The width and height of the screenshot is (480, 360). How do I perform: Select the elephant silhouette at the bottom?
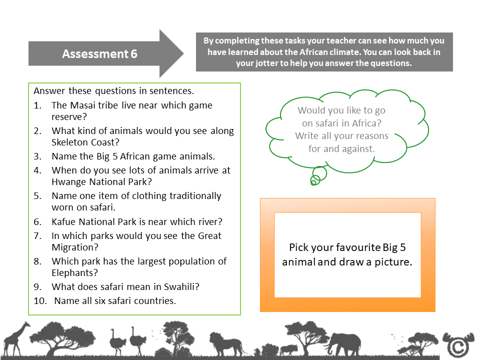[x=344, y=343]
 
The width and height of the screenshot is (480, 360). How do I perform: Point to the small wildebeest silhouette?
[x=290, y=348]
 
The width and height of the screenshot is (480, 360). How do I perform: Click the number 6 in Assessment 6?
[x=133, y=54]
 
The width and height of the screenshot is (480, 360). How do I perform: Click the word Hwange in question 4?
[x=68, y=181]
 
